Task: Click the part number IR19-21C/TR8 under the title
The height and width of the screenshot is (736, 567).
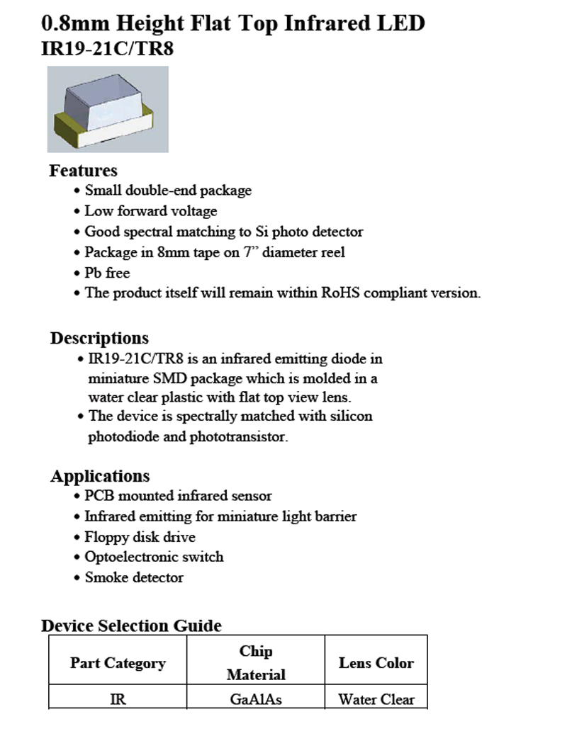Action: click(x=108, y=50)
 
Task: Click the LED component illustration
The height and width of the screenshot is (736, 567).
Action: click(x=108, y=110)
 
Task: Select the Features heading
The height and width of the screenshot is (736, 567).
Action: click(x=83, y=171)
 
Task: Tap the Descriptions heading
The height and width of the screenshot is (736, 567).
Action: click(x=99, y=338)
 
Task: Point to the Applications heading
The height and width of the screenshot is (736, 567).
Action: click(x=100, y=476)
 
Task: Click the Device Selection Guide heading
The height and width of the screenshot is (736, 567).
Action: click(x=131, y=625)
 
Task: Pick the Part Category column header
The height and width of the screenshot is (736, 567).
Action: click(x=118, y=663)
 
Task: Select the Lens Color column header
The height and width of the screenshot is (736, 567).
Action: click(x=376, y=663)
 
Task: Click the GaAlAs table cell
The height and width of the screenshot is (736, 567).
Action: click(x=256, y=699)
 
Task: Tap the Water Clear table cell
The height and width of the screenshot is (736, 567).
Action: click(x=376, y=699)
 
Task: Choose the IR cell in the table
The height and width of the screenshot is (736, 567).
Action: click(x=118, y=699)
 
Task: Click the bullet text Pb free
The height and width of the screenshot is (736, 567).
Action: click(x=107, y=273)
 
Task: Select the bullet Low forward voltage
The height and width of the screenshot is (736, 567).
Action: click(x=150, y=211)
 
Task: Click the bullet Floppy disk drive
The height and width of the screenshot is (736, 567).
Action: click(x=140, y=537)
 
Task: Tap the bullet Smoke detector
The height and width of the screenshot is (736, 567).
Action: click(x=134, y=577)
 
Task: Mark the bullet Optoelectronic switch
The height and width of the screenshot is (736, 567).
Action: click(x=154, y=557)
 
